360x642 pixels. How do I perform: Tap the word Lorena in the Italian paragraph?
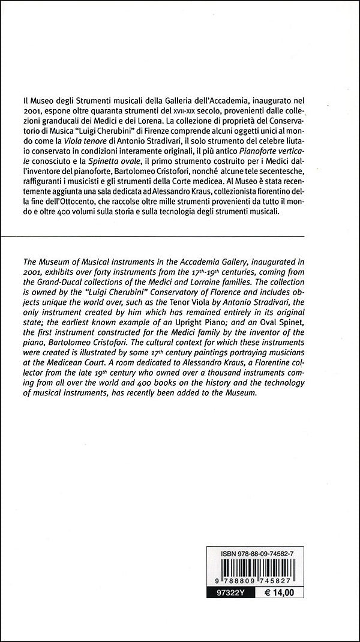[157, 121]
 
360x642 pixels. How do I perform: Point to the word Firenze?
[189, 132]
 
